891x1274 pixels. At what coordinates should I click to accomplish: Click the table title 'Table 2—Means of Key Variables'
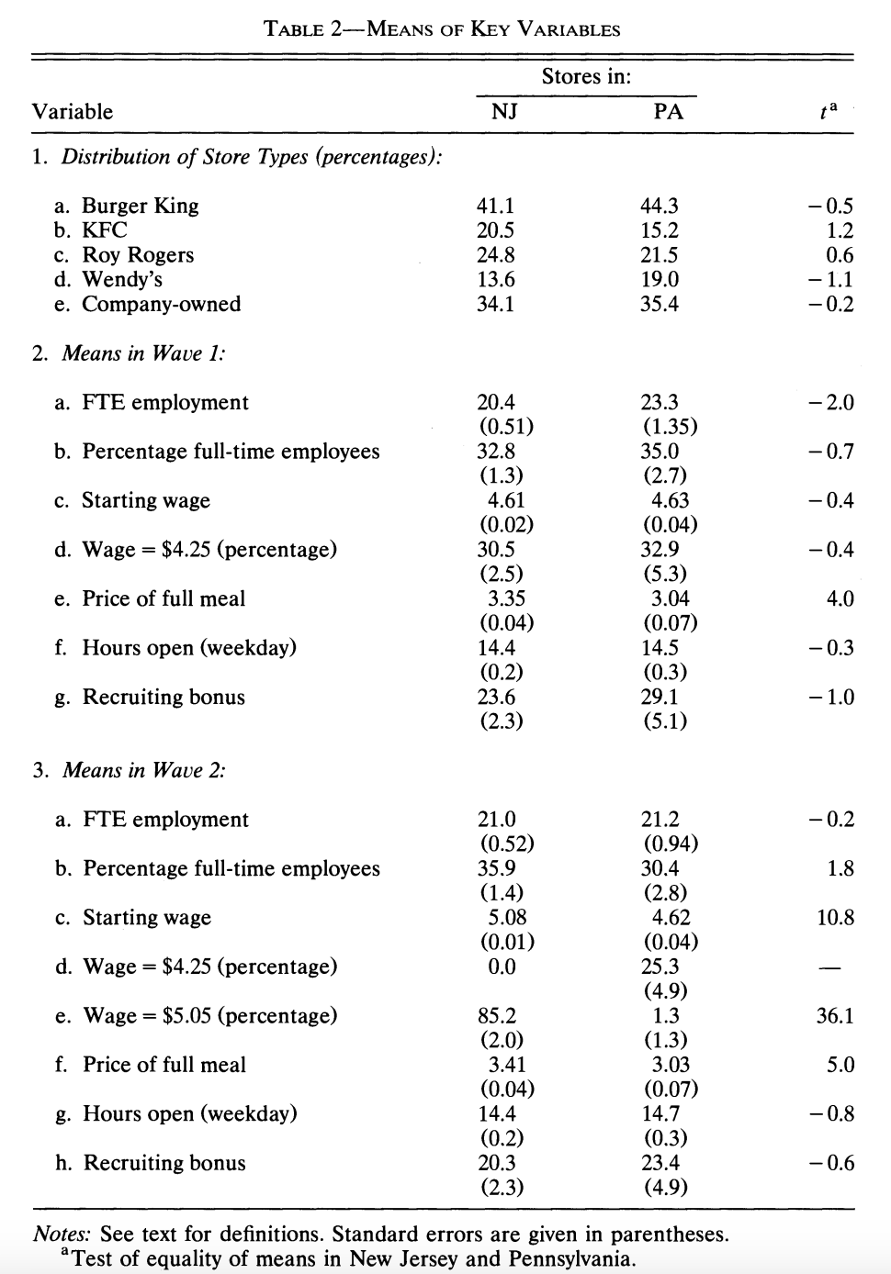pos(442,28)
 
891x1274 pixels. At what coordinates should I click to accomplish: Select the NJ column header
pos(504,112)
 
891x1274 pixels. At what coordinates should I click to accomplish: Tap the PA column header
pos(668,112)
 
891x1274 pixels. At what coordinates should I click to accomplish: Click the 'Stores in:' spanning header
pos(586,76)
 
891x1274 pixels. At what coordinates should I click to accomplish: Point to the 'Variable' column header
pos(73,112)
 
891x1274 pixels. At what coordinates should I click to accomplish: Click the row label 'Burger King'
pos(140,206)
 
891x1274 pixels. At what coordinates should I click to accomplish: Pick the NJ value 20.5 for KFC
pos(496,230)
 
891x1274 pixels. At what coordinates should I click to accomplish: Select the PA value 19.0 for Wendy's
pos(660,279)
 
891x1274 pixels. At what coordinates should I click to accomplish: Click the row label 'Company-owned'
pos(161,304)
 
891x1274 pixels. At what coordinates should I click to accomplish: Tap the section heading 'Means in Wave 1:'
pos(143,353)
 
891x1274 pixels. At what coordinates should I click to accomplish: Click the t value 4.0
pos(840,598)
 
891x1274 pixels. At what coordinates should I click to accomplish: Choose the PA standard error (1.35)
pos(669,427)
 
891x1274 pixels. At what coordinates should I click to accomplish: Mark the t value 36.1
pos(835,1015)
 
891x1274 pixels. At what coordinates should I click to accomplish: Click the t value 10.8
pos(835,917)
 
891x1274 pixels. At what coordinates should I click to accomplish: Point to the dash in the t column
pos(829,967)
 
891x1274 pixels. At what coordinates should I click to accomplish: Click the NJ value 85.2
pos(497,1015)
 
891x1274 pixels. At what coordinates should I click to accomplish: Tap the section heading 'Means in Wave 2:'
pos(143,770)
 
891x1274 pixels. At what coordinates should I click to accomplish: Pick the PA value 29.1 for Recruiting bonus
pos(660,697)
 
